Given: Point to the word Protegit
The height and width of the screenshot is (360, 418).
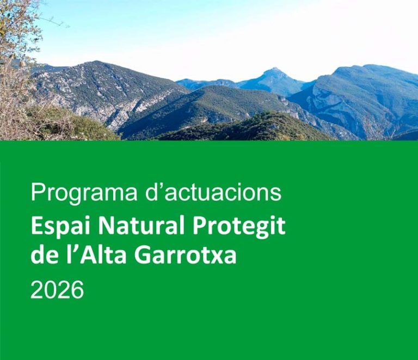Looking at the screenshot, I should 238,226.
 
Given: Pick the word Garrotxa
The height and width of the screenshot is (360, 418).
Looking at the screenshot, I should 186,255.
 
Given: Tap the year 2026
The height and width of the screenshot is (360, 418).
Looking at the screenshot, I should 57,290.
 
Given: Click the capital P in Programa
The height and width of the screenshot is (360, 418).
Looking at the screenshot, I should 37,192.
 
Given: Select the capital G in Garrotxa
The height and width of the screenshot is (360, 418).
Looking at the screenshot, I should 143,255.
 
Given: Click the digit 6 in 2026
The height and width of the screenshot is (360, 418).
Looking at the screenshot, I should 78,290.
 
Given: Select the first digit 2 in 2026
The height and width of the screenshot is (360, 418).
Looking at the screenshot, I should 36,290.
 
